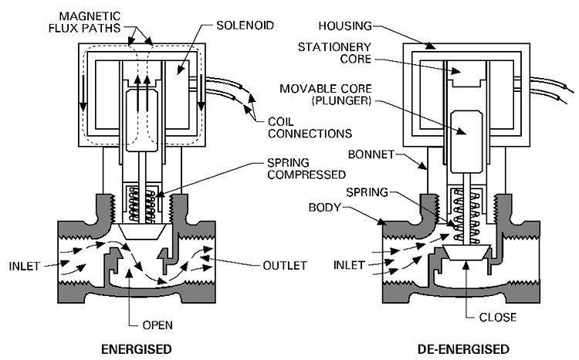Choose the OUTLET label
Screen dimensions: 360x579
pyautogui.click(x=285, y=265)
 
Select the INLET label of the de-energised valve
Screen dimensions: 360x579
pyautogui.click(x=350, y=264)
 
